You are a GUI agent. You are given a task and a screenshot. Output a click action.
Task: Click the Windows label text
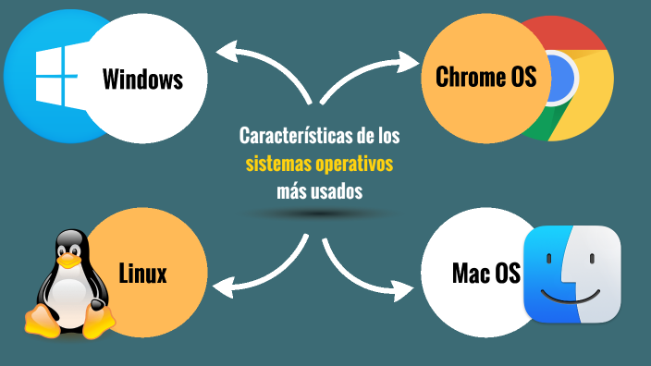pos(141,79)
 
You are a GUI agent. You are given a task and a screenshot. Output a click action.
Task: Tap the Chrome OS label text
pos(485,78)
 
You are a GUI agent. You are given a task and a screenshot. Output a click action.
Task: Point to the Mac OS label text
pos(485,274)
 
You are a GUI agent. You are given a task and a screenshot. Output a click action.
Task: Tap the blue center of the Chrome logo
pos(559,79)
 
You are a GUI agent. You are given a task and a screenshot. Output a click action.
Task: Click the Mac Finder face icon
pos(571,274)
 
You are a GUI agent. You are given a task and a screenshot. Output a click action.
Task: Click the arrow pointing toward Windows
pos(264,65)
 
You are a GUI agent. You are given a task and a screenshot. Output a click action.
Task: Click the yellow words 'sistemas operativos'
pos(319,165)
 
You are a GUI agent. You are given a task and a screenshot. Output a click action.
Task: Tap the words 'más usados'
pos(319,191)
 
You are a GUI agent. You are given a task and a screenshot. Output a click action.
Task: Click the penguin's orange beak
pos(68,255)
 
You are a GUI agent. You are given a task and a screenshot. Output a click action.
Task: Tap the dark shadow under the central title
pos(319,214)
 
